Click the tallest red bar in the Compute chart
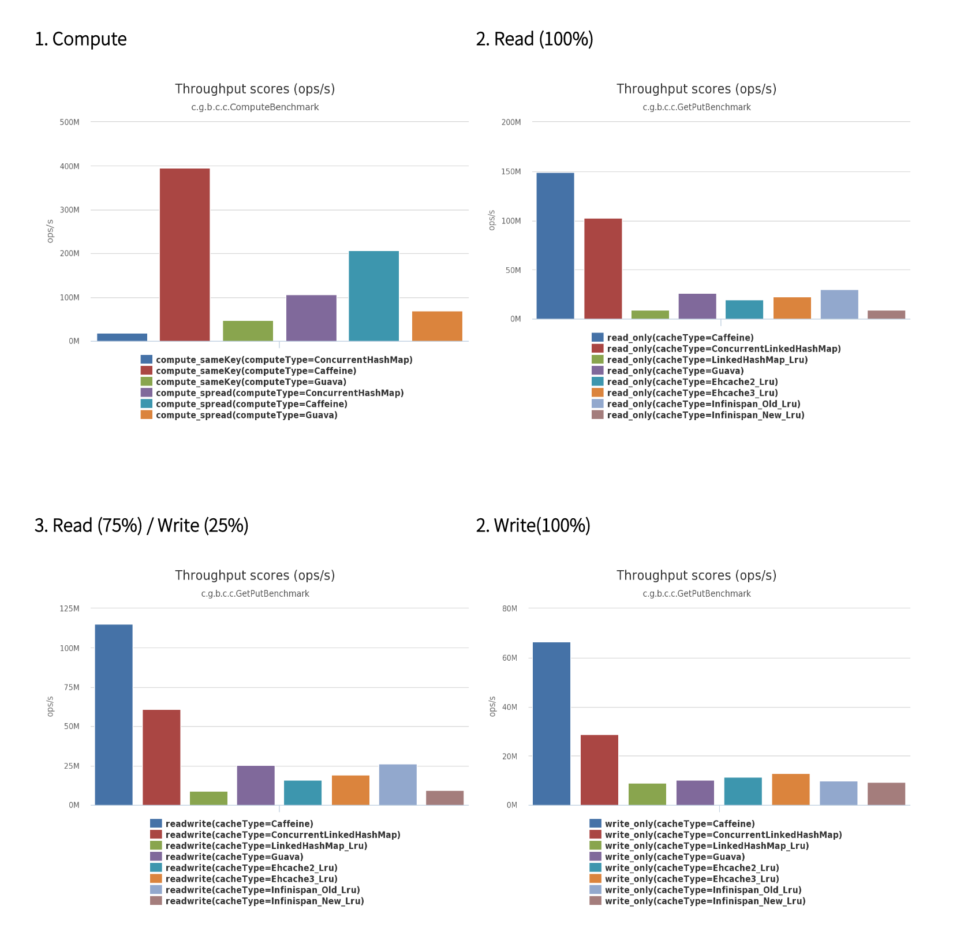point(185,255)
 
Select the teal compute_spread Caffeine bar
point(373,296)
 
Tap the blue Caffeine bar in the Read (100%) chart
point(555,246)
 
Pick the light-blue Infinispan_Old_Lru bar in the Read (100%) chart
point(839,304)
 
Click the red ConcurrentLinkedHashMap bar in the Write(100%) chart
point(599,770)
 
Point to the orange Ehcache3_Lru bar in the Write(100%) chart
point(790,789)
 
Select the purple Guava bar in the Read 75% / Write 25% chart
point(256,785)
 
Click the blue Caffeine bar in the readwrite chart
point(114,714)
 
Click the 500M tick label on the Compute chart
point(69,122)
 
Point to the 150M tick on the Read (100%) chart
point(511,172)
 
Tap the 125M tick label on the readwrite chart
point(69,609)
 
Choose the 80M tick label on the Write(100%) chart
point(510,609)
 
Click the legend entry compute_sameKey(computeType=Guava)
point(251,382)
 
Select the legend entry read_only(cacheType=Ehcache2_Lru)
point(692,382)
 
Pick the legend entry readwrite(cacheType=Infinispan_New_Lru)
point(264,901)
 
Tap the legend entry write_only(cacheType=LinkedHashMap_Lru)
point(707,846)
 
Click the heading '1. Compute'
point(81,39)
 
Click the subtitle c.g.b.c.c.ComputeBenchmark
point(255,107)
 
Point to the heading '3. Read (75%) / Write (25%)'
point(141,526)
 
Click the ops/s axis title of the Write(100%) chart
point(492,706)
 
